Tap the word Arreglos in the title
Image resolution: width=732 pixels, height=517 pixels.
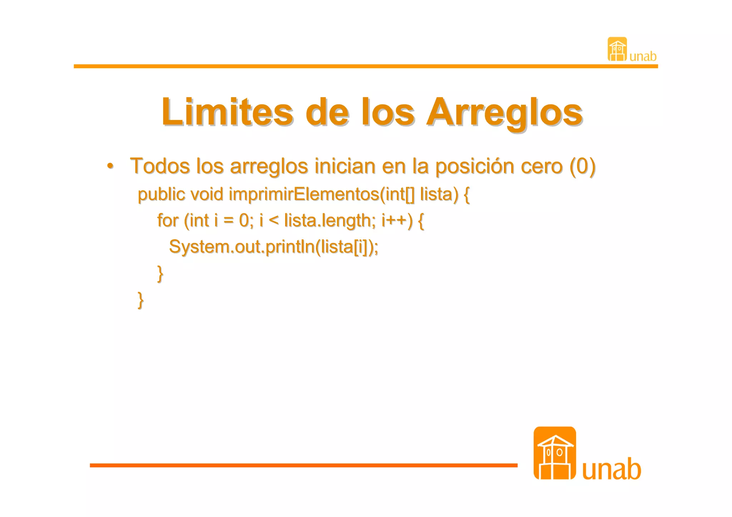[x=504, y=112]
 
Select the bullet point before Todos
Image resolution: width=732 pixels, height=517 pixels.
[x=110, y=166]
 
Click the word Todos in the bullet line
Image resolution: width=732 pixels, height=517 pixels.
[x=160, y=166]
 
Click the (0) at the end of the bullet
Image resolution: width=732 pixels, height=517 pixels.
[x=582, y=166]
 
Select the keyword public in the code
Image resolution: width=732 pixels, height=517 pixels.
[x=161, y=195]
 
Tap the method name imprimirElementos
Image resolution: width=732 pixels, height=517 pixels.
[x=304, y=195]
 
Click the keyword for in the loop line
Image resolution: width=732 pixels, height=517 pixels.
[x=168, y=220]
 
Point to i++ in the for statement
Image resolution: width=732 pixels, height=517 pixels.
[x=397, y=220]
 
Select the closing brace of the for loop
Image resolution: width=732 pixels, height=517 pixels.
[x=160, y=274]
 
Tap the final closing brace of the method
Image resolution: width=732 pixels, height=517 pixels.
[x=141, y=300]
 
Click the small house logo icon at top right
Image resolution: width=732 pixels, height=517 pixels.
[x=617, y=49]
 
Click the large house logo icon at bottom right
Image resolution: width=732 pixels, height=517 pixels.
[x=554, y=453]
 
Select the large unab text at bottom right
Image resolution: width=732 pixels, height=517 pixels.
[x=612, y=469]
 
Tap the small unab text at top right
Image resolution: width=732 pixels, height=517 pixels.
[x=643, y=56]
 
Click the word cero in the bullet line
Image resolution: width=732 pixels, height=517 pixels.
[x=542, y=166]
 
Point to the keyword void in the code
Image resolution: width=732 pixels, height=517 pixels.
[x=207, y=195]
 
